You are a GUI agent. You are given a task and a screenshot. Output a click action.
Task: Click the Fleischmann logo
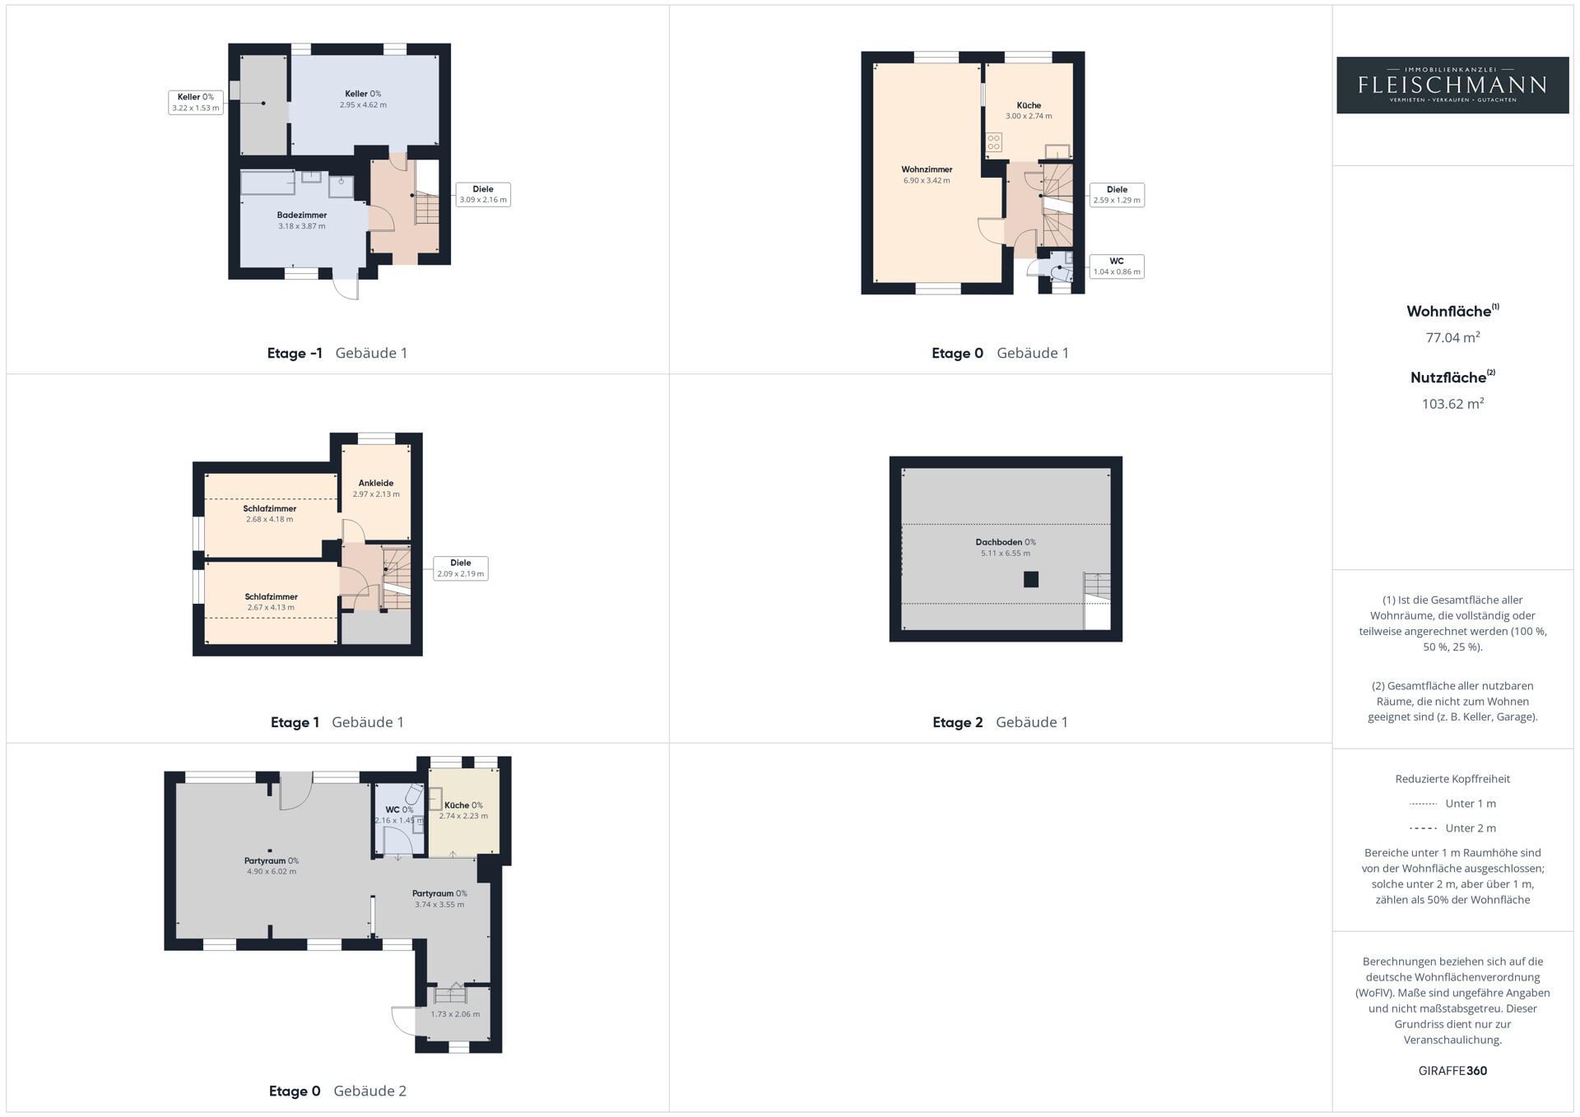coord(1452,85)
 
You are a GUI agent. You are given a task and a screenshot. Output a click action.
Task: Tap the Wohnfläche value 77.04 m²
coord(1452,337)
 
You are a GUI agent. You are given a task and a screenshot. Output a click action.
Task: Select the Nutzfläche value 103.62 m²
coord(1452,404)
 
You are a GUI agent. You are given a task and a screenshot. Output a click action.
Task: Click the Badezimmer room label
coord(302,216)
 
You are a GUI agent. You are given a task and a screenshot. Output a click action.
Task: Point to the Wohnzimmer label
coord(927,169)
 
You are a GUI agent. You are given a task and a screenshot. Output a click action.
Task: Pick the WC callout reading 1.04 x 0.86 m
coord(1117,267)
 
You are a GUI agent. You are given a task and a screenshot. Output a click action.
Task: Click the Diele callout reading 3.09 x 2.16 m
coord(483,194)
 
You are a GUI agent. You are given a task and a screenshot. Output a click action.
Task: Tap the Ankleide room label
coord(376,484)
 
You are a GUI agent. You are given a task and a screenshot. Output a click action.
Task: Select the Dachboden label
coord(1006,542)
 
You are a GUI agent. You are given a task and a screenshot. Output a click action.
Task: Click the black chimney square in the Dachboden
coord(1031,580)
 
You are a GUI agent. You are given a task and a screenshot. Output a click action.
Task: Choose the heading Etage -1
coord(295,354)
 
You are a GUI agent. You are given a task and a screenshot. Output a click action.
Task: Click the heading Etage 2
coord(957,722)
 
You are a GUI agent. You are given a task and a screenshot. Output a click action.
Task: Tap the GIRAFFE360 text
coord(1452,1071)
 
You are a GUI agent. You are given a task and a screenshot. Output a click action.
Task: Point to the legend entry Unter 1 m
coord(1471,804)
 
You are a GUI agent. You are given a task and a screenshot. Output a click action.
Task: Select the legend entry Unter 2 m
coord(1471,828)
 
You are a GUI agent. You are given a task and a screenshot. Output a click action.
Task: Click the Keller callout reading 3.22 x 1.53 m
coord(196,102)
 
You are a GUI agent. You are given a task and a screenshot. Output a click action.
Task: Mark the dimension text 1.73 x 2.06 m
coord(455,1014)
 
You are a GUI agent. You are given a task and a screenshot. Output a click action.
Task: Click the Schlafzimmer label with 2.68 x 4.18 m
coord(270,509)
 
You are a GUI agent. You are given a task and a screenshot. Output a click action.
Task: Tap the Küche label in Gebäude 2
coord(463,806)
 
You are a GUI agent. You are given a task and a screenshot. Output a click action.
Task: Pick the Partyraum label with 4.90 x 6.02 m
coord(272,861)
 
